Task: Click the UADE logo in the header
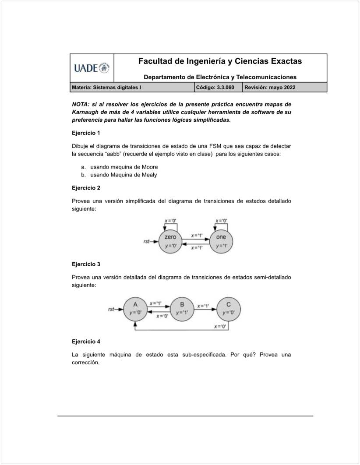point(92,68)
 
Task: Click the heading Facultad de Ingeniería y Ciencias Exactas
point(220,61)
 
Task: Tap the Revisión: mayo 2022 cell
point(270,87)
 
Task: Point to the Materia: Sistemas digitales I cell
point(106,87)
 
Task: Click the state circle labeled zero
point(170,241)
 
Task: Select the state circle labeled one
point(221,241)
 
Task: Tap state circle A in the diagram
point(135,308)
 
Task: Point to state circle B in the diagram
point(182,308)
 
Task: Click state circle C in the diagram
point(229,308)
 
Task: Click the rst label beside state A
point(111,309)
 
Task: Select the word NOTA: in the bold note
point(81,104)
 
